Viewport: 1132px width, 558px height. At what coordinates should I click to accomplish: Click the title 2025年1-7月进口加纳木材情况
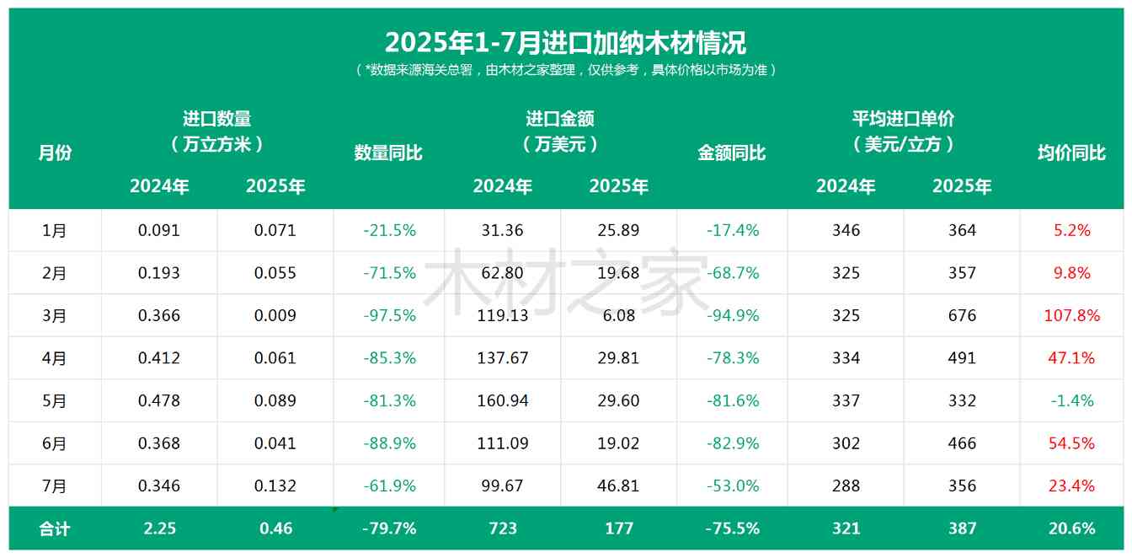[x=565, y=41]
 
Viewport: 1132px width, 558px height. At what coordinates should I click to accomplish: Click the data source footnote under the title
[x=565, y=70]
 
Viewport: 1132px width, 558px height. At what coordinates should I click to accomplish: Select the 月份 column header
[x=55, y=153]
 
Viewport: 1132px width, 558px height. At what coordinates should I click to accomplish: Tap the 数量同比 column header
[x=388, y=153]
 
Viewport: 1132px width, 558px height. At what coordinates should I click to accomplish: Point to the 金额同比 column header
[x=732, y=153]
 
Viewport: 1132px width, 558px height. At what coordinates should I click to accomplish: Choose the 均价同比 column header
[x=1071, y=153]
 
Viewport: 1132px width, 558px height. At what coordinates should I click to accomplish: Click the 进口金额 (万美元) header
[x=560, y=131]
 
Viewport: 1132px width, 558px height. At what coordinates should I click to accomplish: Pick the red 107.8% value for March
[x=1071, y=315]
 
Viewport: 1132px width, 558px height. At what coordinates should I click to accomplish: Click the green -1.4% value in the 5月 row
[x=1071, y=400]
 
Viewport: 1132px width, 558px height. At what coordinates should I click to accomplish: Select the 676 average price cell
[x=962, y=315]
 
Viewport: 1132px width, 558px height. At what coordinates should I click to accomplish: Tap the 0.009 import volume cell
[x=275, y=315]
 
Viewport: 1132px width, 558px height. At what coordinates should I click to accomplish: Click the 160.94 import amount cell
[x=503, y=400]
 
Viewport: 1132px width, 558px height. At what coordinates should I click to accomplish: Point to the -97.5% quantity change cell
[x=389, y=315]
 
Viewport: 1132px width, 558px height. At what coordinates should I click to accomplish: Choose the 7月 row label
[x=55, y=486]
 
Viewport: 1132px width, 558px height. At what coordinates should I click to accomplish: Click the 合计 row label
[x=55, y=528]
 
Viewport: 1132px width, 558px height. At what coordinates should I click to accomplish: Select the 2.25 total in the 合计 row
[x=159, y=528]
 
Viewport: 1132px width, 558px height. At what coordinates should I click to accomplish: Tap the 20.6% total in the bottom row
[x=1071, y=528]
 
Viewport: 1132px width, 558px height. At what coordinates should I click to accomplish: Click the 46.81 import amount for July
[x=619, y=486]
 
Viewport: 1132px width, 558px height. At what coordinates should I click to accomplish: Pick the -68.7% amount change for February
[x=732, y=273]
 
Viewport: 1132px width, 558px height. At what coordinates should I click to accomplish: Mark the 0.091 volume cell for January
[x=159, y=230]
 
